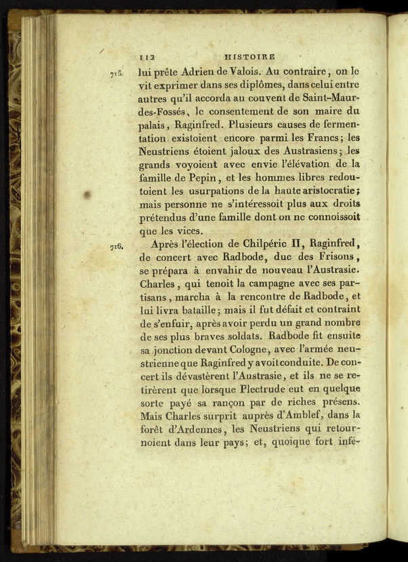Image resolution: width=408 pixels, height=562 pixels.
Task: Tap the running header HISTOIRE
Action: point(253,58)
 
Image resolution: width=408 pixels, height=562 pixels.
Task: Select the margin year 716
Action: point(115,247)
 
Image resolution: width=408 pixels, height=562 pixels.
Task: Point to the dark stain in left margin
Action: point(87,194)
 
